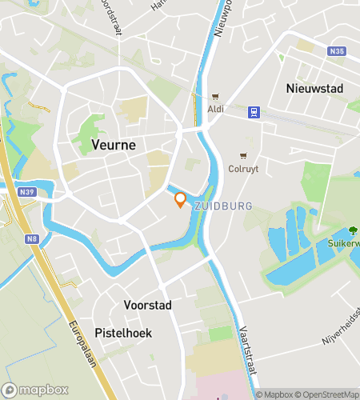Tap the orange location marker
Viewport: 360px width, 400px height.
coord(180,200)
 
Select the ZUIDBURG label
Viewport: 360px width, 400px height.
coord(223,206)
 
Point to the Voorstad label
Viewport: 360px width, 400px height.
coord(148,305)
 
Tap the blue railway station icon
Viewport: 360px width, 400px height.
coord(254,112)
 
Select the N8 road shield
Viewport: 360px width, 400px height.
coord(33,238)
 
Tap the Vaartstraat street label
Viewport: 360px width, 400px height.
coord(246,352)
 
